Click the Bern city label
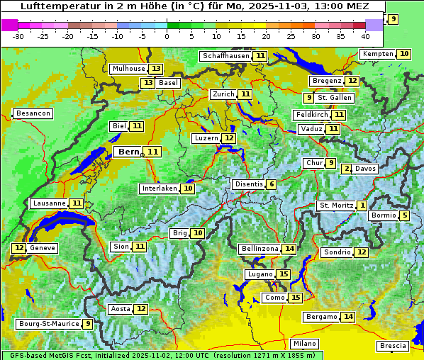(129, 152)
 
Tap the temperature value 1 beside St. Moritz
(362, 206)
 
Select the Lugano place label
(258, 274)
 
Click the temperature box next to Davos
(347, 169)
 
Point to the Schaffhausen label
(225, 56)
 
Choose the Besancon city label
(33, 113)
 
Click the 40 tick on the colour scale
(365, 36)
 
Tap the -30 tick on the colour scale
(18, 36)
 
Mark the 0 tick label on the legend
(167, 36)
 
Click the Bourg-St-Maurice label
(48, 324)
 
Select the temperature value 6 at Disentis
(272, 184)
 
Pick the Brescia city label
(393, 346)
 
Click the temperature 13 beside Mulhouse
(156, 69)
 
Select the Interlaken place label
(159, 189)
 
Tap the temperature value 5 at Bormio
(404, 215)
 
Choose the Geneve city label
(42, 248)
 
